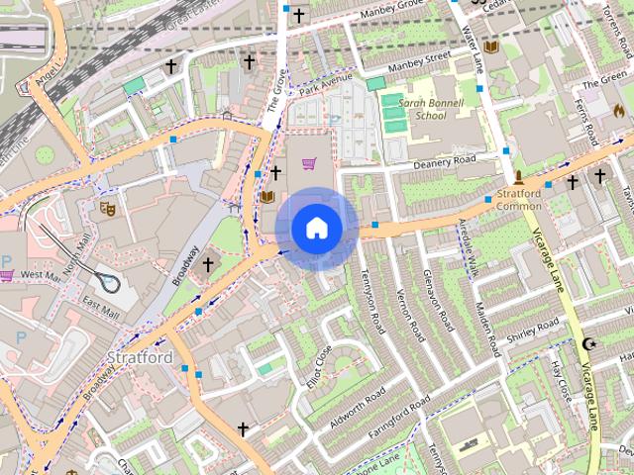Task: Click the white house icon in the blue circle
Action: point(316,228)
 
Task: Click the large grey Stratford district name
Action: point(140,356)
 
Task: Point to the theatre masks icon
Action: point(107,209)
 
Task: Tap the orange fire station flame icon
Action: point(620,108)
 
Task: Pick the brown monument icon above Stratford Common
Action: point(518,177)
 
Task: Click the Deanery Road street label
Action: point(445,161)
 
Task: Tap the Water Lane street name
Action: point(470,48)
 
